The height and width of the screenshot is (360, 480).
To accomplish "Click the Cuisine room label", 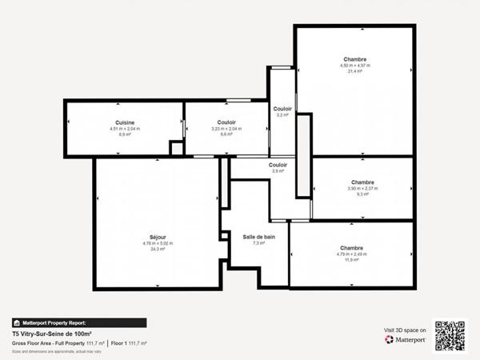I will (x=124, y=122).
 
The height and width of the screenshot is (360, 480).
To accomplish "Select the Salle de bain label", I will (x=259, y=237).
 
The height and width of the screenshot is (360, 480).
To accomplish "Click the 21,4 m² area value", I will (x=354, y=71).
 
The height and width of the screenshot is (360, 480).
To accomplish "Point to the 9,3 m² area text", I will (x=362, y=194).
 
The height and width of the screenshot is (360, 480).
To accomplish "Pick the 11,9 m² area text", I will (x=351, y=260).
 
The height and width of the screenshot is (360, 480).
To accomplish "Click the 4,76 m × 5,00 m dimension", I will (x=157, y=243).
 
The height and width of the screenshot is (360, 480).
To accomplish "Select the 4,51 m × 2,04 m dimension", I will (x=124, y=129).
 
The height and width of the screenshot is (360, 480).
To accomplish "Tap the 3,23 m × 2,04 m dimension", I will (x=226, y=129).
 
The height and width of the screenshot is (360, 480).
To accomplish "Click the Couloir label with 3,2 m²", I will (x=282, y=109).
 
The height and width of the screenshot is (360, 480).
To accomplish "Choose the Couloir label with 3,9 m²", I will (x=278, y=165).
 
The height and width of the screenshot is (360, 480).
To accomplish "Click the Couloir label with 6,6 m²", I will (x=226, y=122).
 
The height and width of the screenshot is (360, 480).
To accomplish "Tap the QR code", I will (x=450, y=336).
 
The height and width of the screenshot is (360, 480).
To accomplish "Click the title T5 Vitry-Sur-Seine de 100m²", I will (x=51, y=334).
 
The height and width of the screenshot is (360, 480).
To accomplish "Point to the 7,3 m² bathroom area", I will (x=259, y=243).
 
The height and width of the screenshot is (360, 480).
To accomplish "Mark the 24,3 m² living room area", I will (x=157, y=249).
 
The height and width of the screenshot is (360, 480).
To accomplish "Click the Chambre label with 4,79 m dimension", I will (x=351, y=248).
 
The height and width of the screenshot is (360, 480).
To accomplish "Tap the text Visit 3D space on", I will (x=406, y=330).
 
